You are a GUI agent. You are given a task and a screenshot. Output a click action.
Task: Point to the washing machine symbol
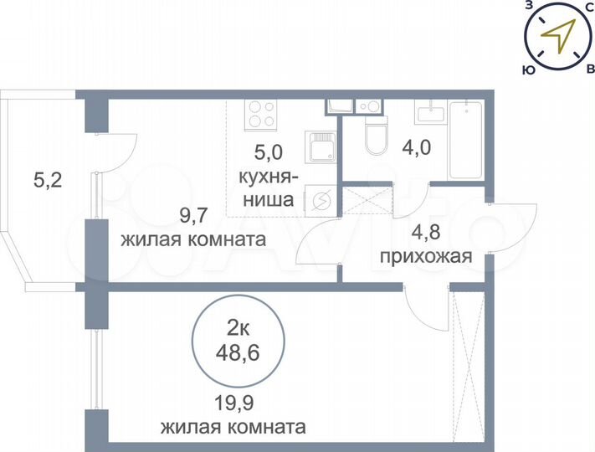click(x=321, y=201)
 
